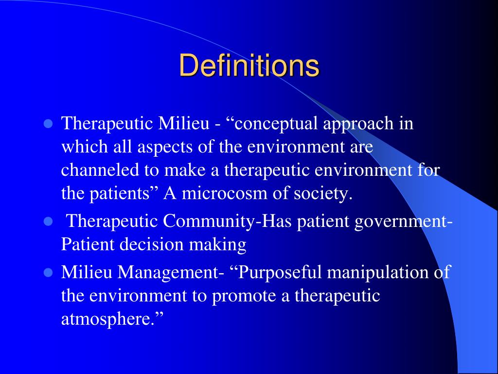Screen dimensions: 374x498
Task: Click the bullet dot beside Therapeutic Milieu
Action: click(x=48, y=124)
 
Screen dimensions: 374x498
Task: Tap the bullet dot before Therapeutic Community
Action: click(x=48, y=222)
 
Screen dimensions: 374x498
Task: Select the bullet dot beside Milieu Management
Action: click(x=48, y=272)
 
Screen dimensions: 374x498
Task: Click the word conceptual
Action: click(x=277, y=124)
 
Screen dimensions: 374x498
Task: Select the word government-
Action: click(x=404, y=222)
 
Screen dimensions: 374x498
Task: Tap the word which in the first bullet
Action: click(x=80, y=147)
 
